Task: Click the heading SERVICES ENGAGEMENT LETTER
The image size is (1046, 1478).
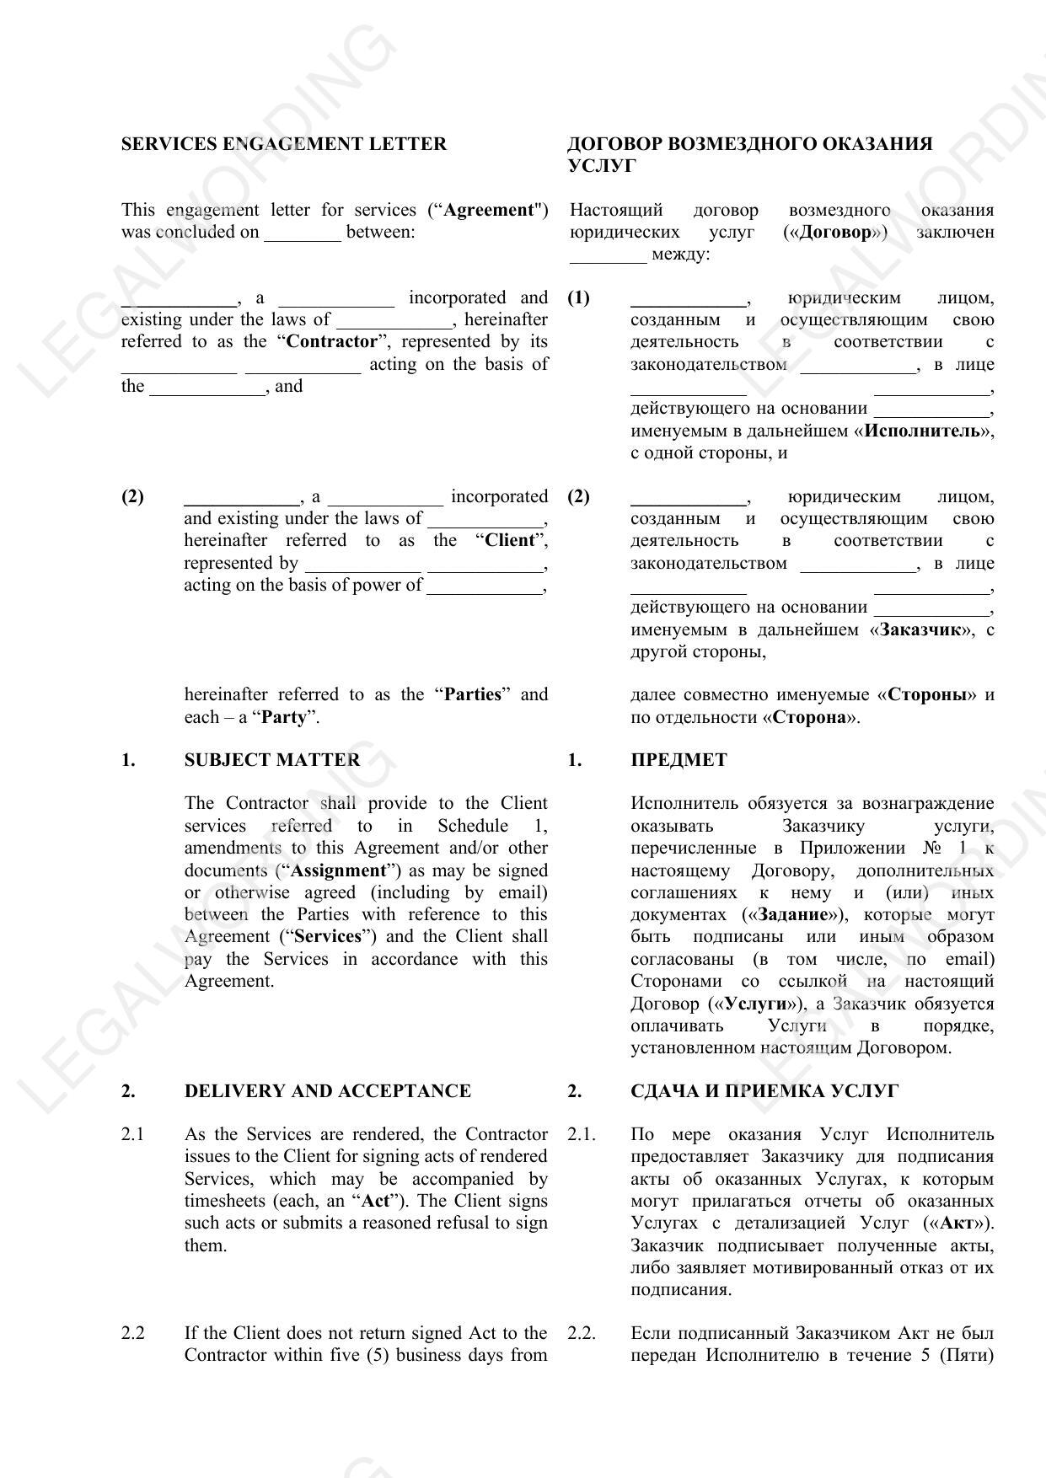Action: pos(283,144)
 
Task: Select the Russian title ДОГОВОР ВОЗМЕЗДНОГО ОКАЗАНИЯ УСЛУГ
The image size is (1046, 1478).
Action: pos(749,154)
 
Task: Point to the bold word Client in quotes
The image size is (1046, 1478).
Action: pos(509,540)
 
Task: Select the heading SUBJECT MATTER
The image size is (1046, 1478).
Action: pos(271,760)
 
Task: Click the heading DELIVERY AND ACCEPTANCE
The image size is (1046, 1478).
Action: pos(327,1091)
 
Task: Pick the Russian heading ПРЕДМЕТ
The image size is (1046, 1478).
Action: pos(678,760)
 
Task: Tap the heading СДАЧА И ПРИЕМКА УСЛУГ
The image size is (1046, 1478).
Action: pos(764,1091)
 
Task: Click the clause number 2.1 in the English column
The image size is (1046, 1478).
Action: pos(132,1134)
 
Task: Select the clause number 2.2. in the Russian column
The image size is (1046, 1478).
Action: pos(581,1333)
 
